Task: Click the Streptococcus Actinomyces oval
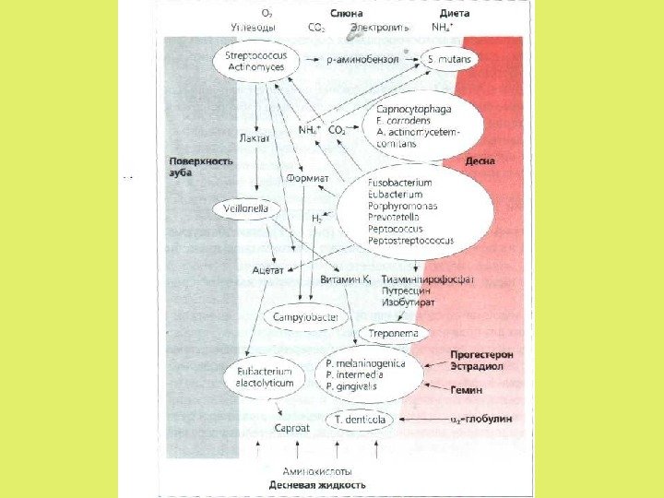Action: [256, 62]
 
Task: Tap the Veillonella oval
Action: [246, 208]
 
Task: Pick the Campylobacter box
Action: [302, 316]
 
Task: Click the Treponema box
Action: [394, 332]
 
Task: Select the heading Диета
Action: [455, 15]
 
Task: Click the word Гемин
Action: [467, 390]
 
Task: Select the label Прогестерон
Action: [481, 354]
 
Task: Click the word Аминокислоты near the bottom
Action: [317, 470]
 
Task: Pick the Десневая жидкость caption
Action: [317, 484]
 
